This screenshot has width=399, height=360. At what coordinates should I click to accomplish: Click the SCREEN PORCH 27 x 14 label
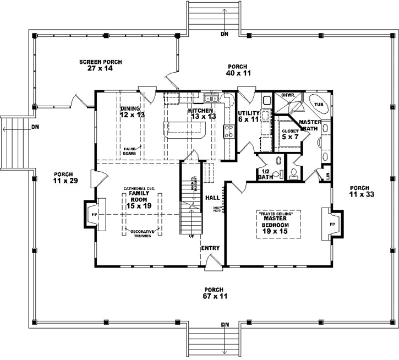(100, 66)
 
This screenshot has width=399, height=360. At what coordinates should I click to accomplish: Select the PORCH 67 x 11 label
(213, 293)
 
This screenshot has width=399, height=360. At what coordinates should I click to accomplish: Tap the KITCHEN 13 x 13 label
(201, 113)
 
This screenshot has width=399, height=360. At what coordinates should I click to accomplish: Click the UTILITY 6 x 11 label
(248, 116)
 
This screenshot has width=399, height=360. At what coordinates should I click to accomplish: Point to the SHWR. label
(289, 95)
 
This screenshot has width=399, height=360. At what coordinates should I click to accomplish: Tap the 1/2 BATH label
(265, 174)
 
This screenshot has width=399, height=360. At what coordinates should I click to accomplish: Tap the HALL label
(212, 197)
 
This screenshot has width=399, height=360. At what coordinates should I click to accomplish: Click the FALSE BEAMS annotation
(130, 150)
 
